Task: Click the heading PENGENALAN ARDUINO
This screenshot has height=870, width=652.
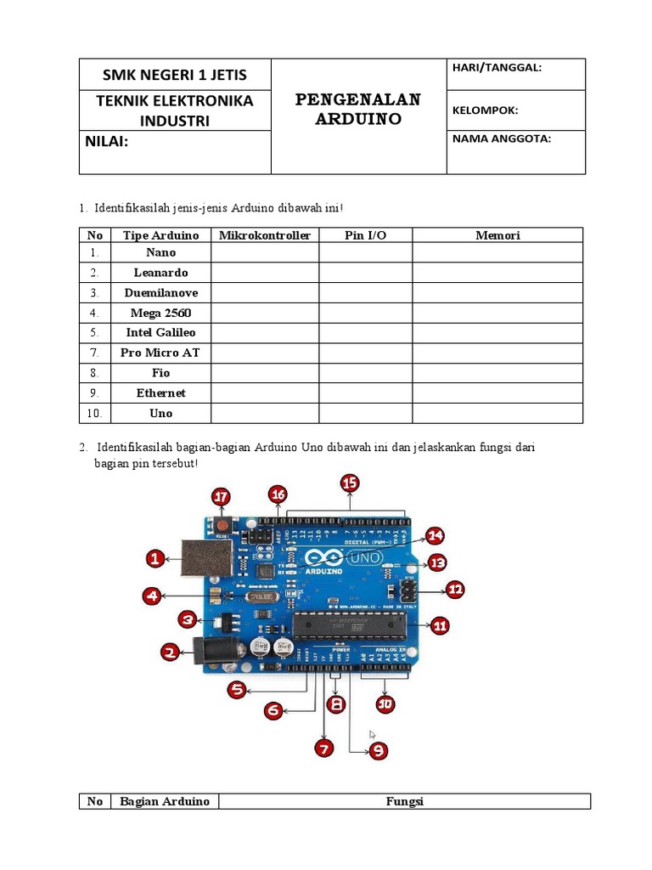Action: click(x=357, y=109)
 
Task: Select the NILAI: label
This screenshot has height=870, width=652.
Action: click(x=106, y=141)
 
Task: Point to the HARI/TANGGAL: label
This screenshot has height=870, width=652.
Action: click(x=497, y=68)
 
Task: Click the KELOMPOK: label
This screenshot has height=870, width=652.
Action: click(x=485, y=110)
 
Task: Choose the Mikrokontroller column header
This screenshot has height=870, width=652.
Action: click(x=265, y=235)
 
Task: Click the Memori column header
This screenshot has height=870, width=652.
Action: click(x=497, y=235)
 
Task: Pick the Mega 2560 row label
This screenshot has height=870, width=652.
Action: click(x=160, y=313)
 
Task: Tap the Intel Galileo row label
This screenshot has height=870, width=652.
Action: click(x=160, y=332)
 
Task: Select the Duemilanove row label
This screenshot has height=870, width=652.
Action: click(x=160, y=292)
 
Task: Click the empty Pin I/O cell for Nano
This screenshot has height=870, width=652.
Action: click(x=365, y=252)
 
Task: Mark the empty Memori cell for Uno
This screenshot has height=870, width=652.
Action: click(x=497, y=413)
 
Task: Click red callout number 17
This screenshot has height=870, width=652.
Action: click(x=222, y=496)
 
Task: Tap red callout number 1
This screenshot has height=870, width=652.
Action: click(x=155, y=558)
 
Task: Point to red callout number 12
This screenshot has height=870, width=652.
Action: click(x=455, y=588)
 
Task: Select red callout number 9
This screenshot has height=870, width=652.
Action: click(x=378, y=750)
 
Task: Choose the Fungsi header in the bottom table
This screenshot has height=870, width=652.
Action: click(x=404, y=801)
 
